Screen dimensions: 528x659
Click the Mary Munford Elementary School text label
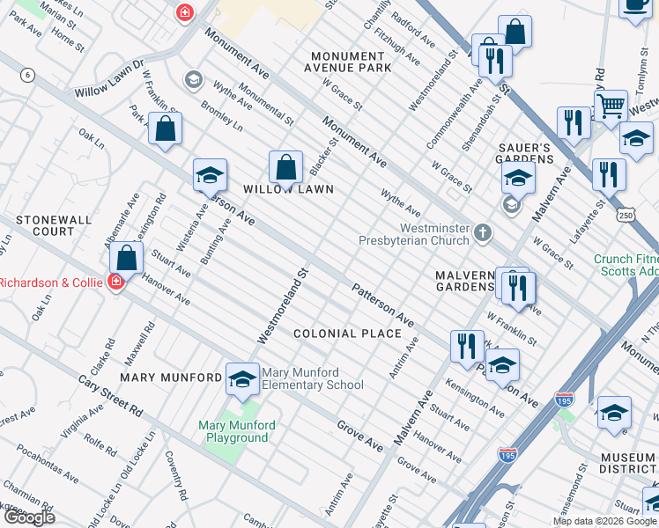313,378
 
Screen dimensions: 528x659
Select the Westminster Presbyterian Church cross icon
482,233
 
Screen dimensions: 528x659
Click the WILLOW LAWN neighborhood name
288,189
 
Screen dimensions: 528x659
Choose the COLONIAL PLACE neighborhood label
347,334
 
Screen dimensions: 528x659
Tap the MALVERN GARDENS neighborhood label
465,281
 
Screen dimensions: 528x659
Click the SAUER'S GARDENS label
529,153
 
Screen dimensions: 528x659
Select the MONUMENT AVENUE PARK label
347,62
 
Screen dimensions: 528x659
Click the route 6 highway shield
29,76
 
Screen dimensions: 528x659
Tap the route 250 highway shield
626,215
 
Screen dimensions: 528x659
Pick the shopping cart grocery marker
610,106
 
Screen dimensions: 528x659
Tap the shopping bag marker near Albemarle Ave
127,257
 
